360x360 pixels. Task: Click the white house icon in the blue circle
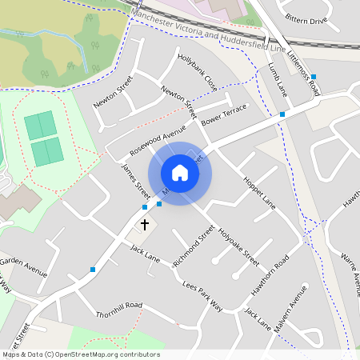tap(180, 173)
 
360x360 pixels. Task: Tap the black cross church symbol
tap(145, 225)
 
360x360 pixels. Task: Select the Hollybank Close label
tap(198, 71)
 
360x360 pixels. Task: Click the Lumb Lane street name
tap(278, 80)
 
